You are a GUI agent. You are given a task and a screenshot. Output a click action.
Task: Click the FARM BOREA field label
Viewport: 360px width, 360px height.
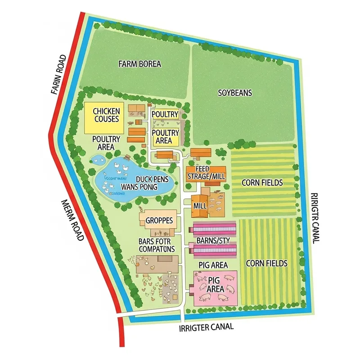click(x=139, y=64)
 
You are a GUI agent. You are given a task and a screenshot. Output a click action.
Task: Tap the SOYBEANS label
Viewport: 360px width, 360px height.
click(x=235, y=93)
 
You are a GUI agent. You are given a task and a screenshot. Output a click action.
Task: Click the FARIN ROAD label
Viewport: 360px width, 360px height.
click(x=59, y=74)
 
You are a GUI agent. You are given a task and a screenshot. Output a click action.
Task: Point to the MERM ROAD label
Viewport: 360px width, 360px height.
click(x=72, y=220)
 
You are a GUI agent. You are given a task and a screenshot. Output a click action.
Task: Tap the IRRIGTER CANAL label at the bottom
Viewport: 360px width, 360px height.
click(x=206, y=327)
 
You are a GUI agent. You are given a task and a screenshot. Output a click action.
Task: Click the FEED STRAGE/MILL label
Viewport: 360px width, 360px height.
click(x=206, y=172)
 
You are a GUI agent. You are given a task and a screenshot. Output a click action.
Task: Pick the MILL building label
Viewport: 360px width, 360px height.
click(x=199, y=206)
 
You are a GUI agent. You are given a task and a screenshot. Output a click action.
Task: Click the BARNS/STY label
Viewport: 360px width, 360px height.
click(x=214, y=241)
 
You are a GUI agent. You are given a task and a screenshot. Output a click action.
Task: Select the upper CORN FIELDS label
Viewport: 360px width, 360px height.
click(x=262, y=183)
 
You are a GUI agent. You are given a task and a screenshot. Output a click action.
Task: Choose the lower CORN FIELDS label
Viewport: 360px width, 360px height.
click(x=267, y=263)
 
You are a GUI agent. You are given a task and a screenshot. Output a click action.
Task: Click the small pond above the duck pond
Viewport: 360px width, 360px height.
click(x=99, y=158)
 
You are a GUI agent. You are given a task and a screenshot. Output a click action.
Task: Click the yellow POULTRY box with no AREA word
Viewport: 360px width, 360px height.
click(x=165, y=114)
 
